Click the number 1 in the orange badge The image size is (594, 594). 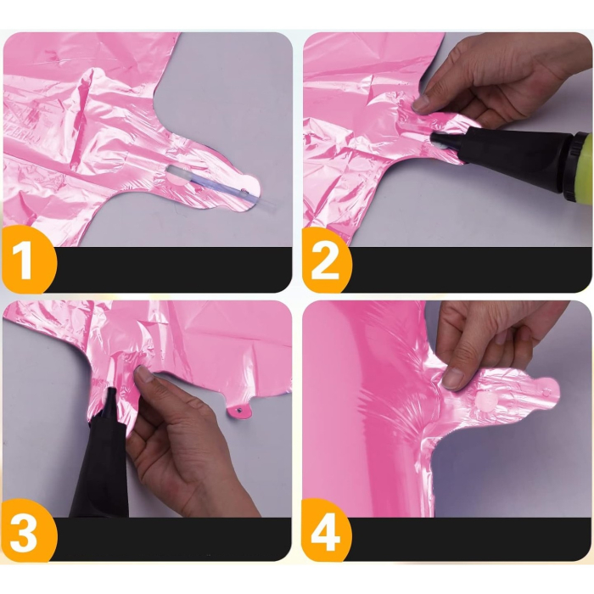pos(25,261)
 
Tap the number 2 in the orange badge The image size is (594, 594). pos(326,261)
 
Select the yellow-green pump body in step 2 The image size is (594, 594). pos(581,160)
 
